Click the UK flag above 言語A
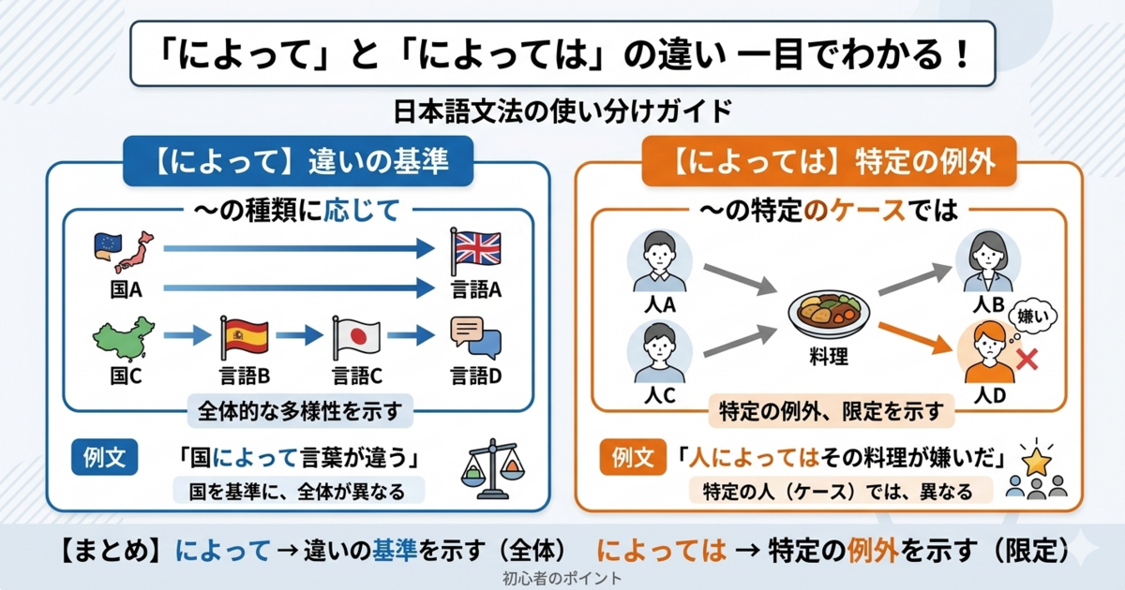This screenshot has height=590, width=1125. [475, 248]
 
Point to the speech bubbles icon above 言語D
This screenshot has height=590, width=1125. [475, 337]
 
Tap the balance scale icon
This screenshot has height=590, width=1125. [490, 468]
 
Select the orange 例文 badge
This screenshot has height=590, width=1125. [632, 458]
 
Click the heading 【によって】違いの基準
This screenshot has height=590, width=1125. [299, 162]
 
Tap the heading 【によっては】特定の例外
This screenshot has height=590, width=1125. [830, 162]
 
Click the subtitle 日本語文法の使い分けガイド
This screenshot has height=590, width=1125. [562, 111]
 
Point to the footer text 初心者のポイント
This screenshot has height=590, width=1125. [562, 579]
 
